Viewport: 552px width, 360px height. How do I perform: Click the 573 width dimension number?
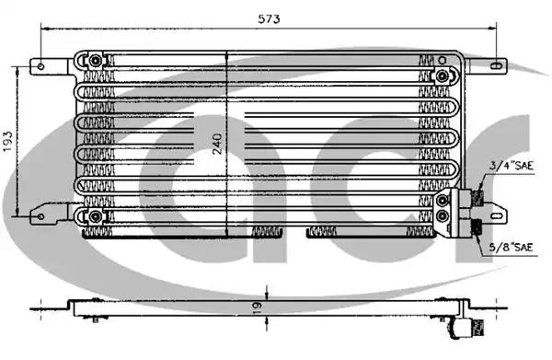[x=269, y=18]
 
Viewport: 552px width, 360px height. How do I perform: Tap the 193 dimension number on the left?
[x=7, y=141]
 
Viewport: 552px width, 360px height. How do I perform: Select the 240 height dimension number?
[x=217, y=144]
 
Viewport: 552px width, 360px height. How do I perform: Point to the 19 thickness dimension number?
[x=257, y=308]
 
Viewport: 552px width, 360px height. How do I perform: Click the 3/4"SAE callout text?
[x=512, y=166]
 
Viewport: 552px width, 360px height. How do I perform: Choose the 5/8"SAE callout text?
[x=512, y=248]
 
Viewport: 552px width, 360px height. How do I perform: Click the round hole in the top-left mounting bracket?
[x=40, y=66]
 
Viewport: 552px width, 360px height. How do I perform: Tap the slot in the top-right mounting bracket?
[x=495, y=65]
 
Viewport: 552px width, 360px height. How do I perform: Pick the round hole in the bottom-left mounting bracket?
[x=40, y=216]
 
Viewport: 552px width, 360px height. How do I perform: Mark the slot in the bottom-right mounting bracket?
[x=497, y=216]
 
